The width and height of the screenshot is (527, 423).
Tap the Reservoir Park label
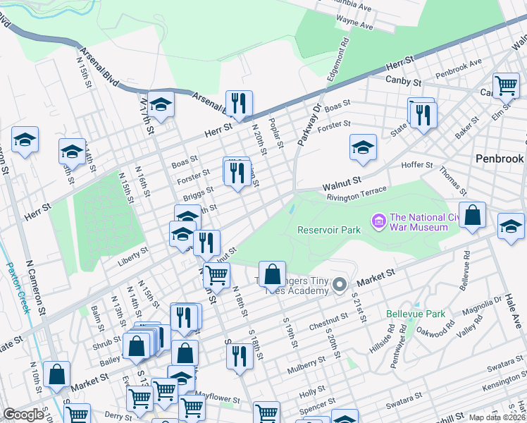(x=329, y=230)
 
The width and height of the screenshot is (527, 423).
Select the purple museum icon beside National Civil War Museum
(x=379, y=222)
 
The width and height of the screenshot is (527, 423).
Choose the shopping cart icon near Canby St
(x=506, y=86)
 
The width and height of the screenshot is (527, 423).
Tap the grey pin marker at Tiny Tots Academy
(x=340, y=285)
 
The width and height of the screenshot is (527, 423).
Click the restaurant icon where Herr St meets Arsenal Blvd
(x=239, y=104)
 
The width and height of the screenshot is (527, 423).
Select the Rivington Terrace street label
(x=356, y=194)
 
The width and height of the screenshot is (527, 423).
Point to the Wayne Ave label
(x=356, y=25)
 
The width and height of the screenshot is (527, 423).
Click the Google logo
(x=23, y=415)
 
